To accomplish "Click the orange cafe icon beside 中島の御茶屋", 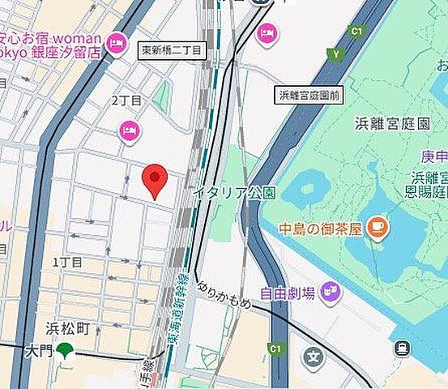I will pos(375,228).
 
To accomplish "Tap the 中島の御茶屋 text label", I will pos(320,229).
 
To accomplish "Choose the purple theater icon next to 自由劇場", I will pos(330,289).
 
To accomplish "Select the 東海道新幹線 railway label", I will pos(179,312).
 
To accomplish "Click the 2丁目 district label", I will pos(126,100).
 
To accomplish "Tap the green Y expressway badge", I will pos(335,53).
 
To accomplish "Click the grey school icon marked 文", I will pos(314,357).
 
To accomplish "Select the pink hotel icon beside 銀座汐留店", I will pos(117,44).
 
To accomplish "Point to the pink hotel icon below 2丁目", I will pos(129,130).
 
